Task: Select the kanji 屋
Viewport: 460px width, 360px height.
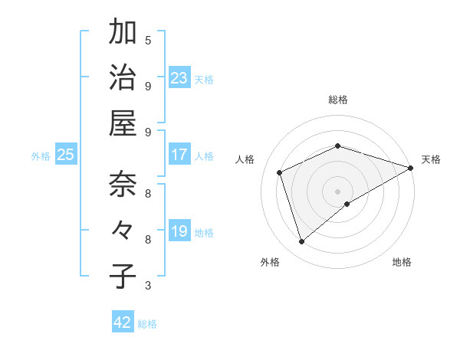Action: coord(123,123)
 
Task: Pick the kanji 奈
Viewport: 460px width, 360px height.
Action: coord(123,184)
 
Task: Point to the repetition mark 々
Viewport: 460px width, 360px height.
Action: coord(123,230)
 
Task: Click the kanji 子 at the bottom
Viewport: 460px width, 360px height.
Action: coord(123,276)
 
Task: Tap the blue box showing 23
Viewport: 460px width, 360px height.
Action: coord(179,77)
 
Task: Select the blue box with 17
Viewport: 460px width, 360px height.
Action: coord(179,155)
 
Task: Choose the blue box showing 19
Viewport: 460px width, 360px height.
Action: coord(179,231)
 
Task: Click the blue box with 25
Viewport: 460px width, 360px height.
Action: coord(66,155)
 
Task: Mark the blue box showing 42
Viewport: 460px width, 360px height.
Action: coord(123,322)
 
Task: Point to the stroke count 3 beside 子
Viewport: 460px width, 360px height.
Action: coord(148,286)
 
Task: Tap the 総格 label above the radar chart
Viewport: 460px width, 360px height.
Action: coord(338,100)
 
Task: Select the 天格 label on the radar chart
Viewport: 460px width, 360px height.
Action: coord(432,159)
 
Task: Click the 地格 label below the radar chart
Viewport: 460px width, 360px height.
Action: coord(402,263)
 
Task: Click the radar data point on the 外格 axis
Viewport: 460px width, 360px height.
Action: coord(302,242)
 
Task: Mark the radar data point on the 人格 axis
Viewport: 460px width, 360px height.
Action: coord(280,172)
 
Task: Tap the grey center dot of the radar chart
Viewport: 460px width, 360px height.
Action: coord(338,191)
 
